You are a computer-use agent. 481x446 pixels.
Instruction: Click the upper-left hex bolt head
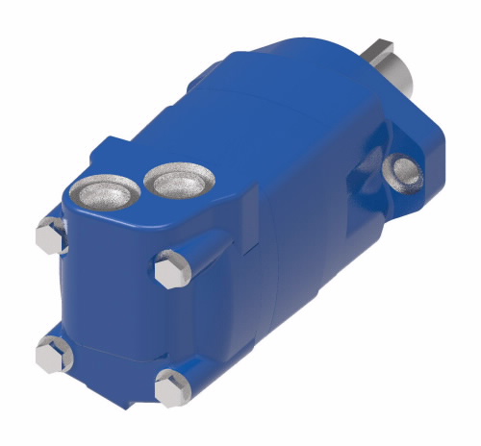coord(50,235)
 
